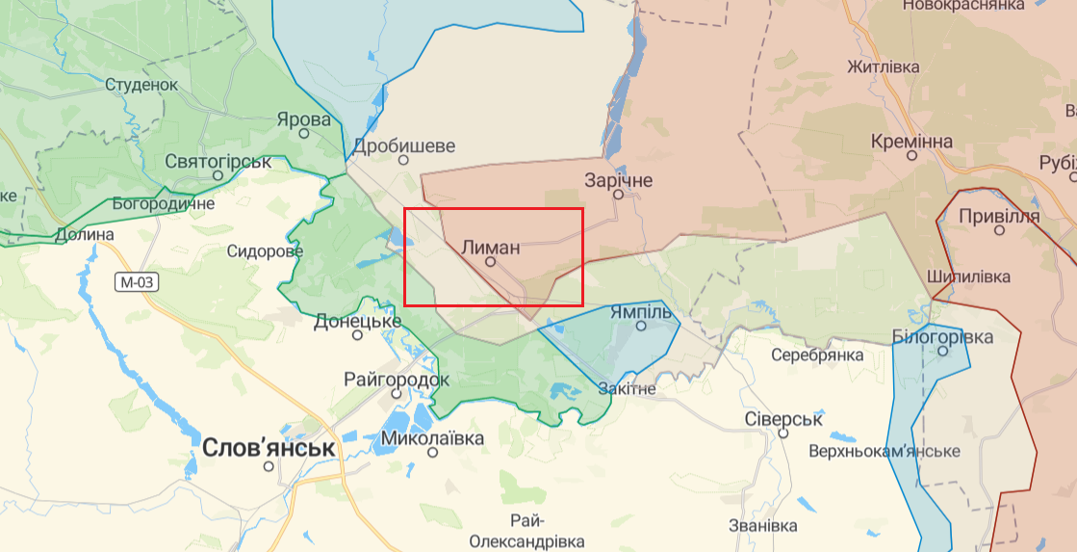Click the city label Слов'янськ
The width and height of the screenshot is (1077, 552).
269,448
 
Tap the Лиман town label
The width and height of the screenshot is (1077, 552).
491,247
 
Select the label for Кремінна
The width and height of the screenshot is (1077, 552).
911,142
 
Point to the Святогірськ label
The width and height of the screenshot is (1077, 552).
218,161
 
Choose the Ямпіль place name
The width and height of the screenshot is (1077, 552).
640,311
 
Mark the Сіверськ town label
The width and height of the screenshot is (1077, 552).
783,419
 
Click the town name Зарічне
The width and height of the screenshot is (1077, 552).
619,180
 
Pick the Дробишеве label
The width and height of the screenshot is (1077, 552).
403,146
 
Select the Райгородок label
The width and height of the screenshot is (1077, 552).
397,380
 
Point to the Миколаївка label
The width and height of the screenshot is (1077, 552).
433,438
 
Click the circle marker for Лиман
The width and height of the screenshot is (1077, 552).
490,261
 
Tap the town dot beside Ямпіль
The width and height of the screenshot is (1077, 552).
641,326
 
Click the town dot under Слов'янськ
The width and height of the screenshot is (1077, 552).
269,466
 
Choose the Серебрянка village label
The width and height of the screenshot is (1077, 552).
817,355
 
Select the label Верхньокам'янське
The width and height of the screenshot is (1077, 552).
885,451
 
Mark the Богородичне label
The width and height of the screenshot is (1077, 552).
164,203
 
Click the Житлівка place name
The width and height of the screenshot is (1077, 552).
883,67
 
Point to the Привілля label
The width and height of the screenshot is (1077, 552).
999,216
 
